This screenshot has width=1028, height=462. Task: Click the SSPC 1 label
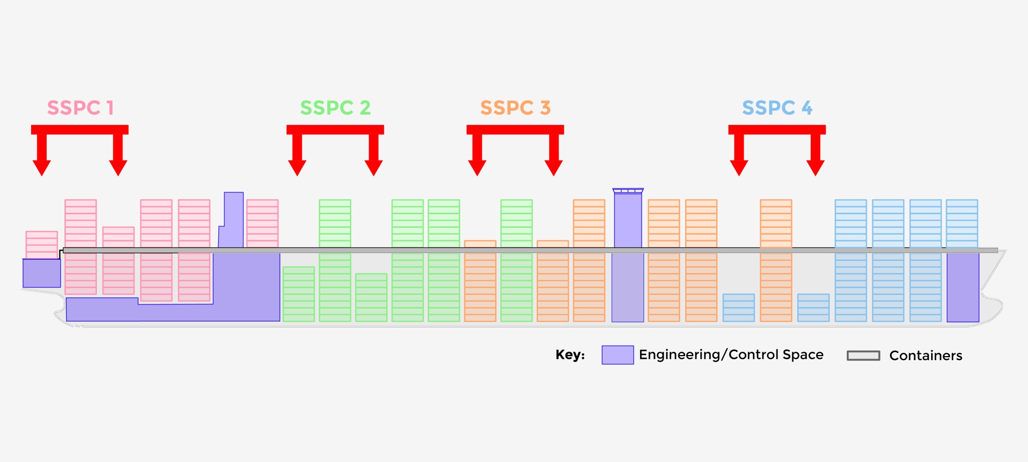[80, 108]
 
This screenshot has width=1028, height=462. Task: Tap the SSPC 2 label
[335, 108]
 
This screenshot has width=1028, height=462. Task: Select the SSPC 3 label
[516, 108]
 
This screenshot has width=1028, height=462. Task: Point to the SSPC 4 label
[777, 108]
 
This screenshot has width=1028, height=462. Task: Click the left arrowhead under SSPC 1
[42, 168]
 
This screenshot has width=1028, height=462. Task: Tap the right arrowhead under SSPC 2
[373, 168]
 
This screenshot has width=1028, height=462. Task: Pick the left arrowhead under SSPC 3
[477, 168]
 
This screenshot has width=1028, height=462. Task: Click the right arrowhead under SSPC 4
[815, 168]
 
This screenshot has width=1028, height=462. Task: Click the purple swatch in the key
[617, 355]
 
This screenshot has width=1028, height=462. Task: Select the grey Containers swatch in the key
[863, 356]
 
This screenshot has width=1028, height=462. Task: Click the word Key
[570, 355]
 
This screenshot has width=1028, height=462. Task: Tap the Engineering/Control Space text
[731, 355]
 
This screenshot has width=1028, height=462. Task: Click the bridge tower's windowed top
[628, 191]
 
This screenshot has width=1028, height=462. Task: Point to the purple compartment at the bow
[963, 287]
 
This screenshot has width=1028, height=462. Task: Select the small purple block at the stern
[42, 273]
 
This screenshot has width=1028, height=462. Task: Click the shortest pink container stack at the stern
[42, 245]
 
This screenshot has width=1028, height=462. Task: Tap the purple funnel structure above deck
[231, 220]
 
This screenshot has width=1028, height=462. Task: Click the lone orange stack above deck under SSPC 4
[776, 224]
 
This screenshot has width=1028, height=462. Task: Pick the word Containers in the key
[926, 356]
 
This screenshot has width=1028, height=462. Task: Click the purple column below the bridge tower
[628, 287]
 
